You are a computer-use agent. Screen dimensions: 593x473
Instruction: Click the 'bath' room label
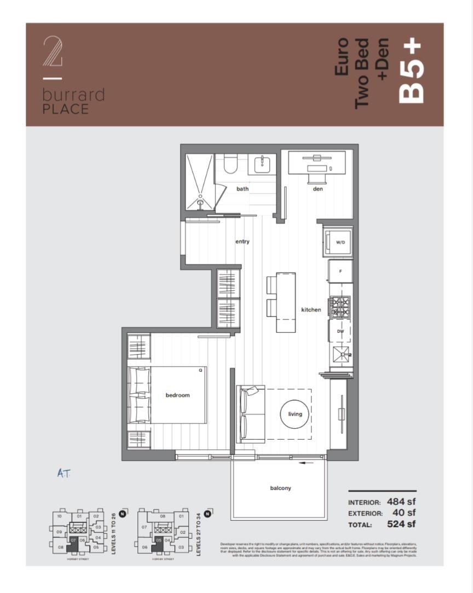tap(243, 189)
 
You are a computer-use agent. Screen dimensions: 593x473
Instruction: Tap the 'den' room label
tap(318, 189)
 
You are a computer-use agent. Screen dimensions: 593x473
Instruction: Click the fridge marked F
tap(340, 271)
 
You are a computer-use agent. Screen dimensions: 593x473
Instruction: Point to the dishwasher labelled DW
tap(340, 331)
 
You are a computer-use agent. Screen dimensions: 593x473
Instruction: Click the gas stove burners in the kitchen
tap(339, 305)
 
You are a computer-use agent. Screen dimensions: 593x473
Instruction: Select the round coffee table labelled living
tap(295, 414)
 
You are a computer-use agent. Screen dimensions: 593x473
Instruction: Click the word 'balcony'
tap(280, 488)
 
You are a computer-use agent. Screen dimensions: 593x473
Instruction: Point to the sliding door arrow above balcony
tap(307, 463)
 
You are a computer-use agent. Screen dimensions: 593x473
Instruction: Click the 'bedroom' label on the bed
tap(177, 395)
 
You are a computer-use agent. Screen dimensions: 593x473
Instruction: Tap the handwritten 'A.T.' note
tap(64, 473)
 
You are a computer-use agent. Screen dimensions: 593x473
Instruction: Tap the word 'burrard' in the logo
tap(73, 95)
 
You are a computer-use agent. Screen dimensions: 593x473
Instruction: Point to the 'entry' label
tap(243, 241)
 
